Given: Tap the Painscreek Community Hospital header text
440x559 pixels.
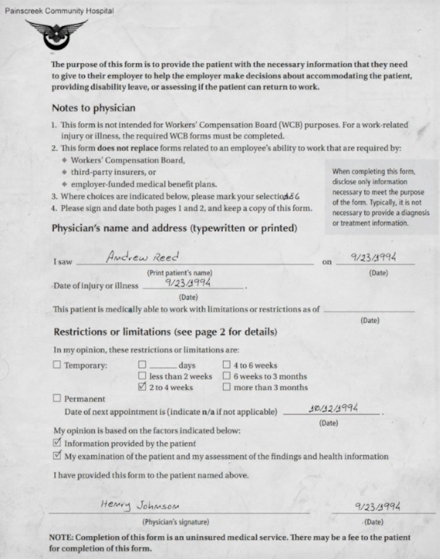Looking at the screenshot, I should point(59,11).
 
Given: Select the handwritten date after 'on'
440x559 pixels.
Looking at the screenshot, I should point(375,258).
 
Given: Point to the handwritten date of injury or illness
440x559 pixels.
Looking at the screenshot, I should point(188,282).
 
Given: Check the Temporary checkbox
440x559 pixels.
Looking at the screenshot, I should point(56,365).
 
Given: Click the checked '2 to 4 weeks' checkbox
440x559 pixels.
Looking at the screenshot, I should point(142,387).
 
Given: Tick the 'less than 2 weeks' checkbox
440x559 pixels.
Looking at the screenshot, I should point(142,376).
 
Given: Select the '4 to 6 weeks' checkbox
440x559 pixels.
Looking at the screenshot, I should point(226,365).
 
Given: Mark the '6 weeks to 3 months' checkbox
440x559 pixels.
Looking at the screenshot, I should point(226,376).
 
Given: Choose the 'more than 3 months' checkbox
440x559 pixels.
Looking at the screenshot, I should point(226,387).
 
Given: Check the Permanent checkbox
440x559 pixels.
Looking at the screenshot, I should point(56,398).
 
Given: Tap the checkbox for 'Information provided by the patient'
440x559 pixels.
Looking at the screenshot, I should point(56,443).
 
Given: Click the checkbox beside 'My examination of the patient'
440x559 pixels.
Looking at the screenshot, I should point(56,456).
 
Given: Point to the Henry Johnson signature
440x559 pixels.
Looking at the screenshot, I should point(139,505).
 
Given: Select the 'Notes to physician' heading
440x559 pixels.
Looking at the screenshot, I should point(93,108).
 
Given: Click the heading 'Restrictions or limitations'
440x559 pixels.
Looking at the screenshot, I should point(165,332).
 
